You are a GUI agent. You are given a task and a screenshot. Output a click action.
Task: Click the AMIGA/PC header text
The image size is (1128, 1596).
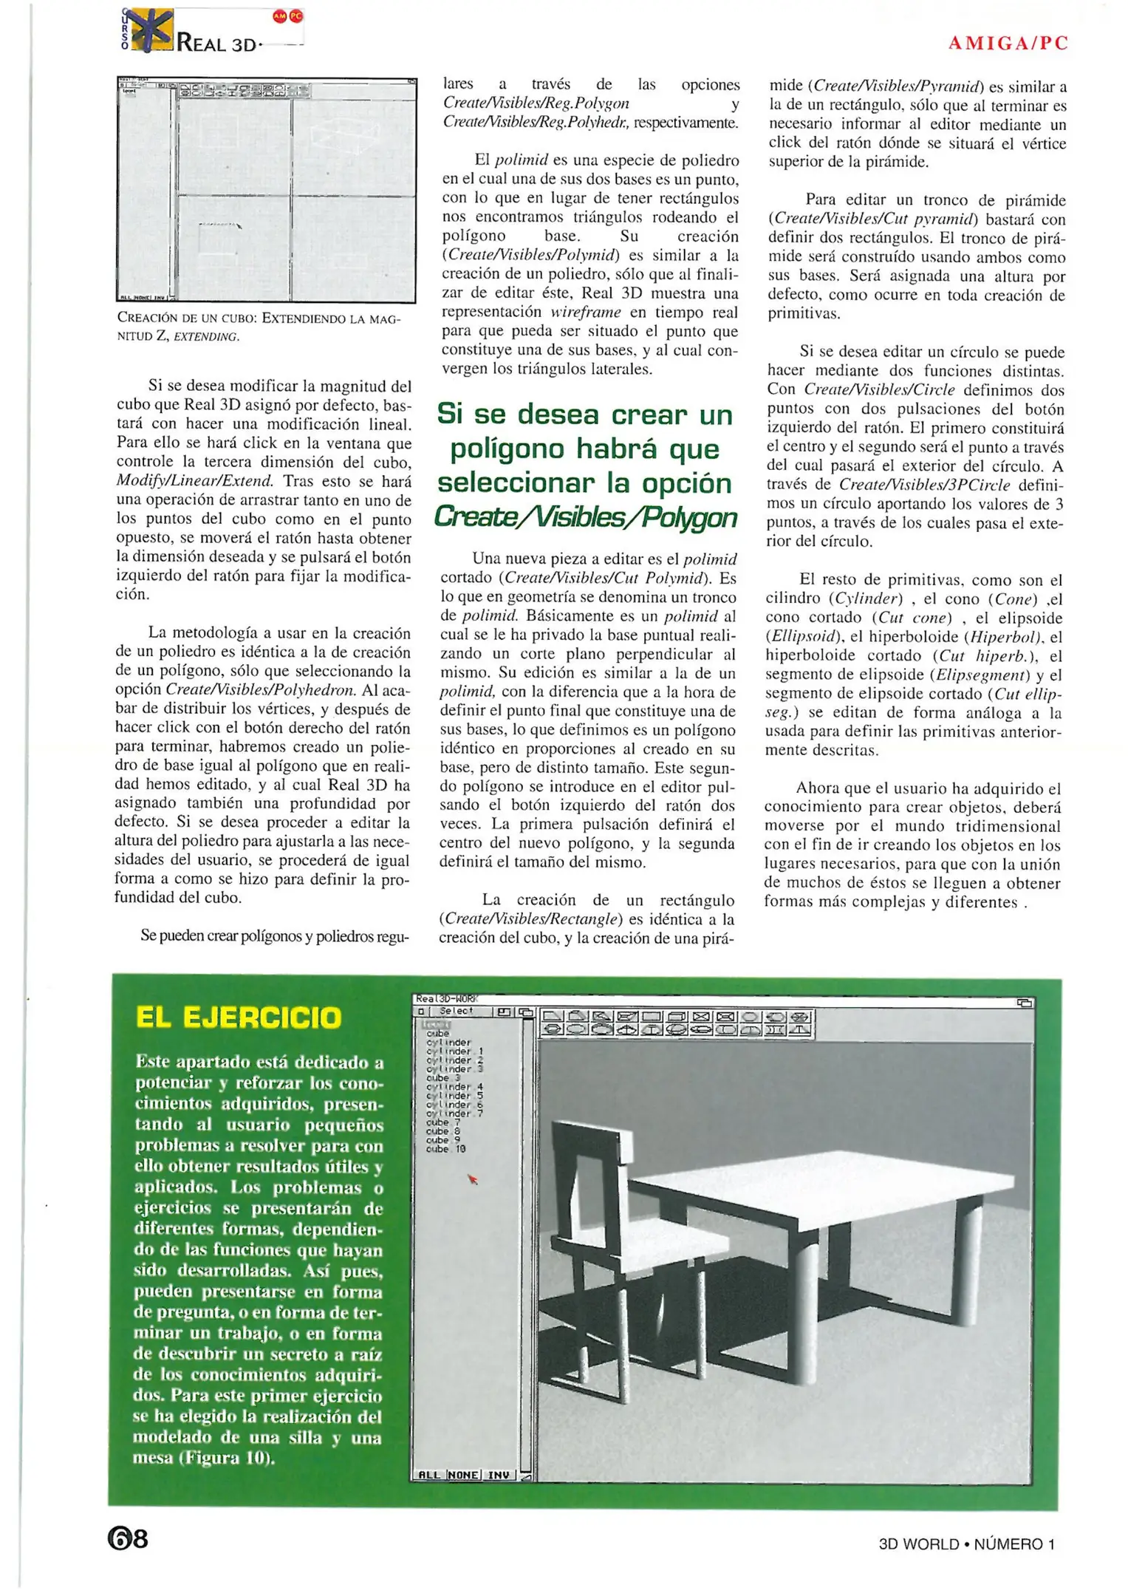(1008, 43)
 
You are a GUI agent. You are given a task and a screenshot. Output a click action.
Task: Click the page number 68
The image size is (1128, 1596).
(128, 1539)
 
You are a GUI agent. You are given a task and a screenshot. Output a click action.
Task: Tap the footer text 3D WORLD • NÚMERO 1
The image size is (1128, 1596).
(967, 1544)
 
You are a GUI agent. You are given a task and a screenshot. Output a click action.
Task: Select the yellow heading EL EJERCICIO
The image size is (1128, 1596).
(239, 1017)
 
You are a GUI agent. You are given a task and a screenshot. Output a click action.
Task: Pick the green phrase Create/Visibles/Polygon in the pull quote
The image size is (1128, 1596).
(586, 518)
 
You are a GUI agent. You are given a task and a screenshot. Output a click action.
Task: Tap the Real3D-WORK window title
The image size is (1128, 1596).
(447, 999)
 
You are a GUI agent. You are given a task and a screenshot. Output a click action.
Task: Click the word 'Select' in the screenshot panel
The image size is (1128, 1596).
(456, 1011)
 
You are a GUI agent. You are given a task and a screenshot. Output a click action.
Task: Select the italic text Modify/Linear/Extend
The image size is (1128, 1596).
(195, 481)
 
